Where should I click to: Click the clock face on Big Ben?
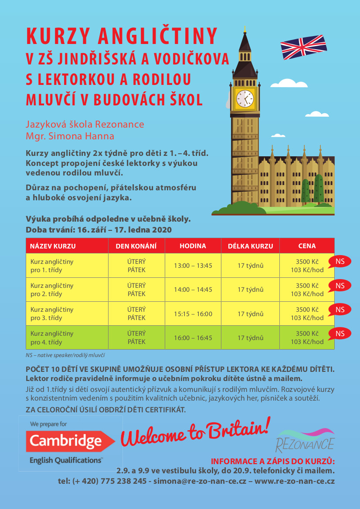click(x=245, y=98)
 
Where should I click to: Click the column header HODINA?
click(x=193, y=246)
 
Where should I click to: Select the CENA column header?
click(x=307, y=246)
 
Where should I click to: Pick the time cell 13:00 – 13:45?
click(x=193, y=266)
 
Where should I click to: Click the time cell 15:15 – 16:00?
click(x=193, y=313)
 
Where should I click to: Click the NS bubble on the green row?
click(x=340, y=334)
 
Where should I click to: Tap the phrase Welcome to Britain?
click(x=195, y=432)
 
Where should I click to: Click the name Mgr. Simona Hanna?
click(x=70, y=136)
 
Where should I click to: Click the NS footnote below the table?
click(x=65, y=355)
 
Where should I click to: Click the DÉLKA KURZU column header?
click(x=250, y=246)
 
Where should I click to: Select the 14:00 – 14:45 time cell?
click(x=193, y=290)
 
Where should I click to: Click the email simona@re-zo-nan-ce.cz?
click(x=200, y=481)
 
